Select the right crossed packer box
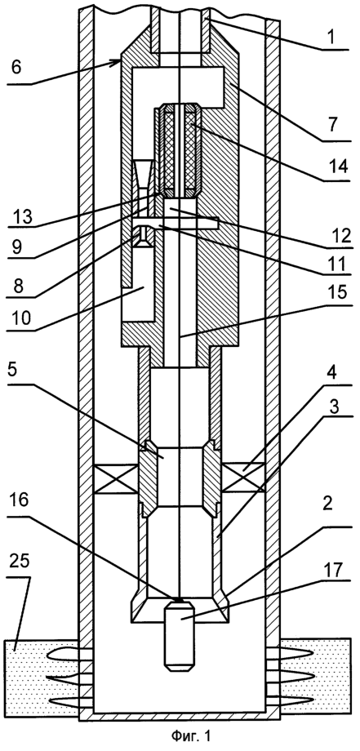(x=242, y=479)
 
